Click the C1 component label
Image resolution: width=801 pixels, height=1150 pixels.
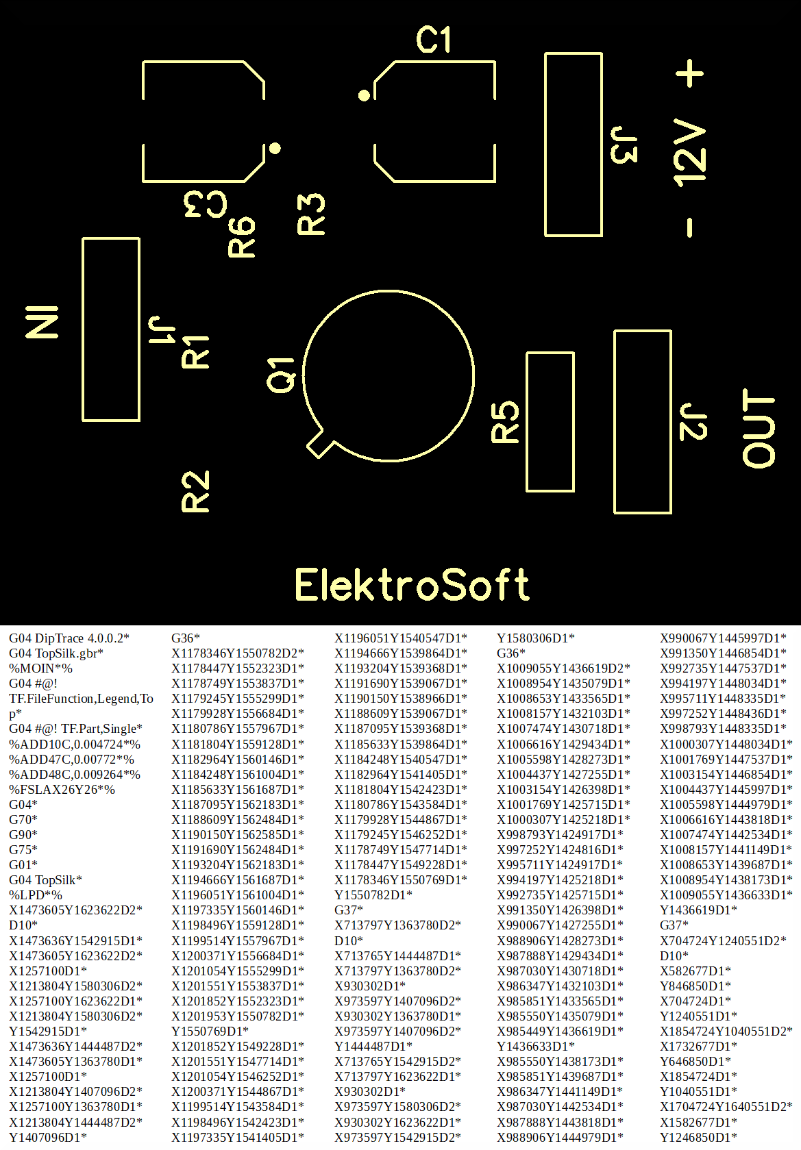tap(434, 40)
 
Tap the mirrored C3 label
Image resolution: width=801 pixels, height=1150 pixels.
tap(206, 204)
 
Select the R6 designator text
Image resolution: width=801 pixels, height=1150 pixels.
tap(242, 237)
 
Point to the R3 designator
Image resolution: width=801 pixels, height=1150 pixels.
tap(311, 214)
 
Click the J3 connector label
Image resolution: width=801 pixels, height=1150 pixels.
tap(624, 145)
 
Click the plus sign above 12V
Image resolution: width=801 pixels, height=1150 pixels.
tap(690, 73)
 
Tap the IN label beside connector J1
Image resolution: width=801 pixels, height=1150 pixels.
tap(42, 322)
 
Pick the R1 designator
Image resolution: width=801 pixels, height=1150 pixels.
tap(195, 351)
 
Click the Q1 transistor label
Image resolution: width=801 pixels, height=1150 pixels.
tap(280, 375)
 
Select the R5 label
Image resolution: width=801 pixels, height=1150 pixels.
tap(506, 422)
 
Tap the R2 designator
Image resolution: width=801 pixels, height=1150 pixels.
tap(195, 492)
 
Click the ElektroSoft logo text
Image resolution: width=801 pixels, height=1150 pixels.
tap(412, 585)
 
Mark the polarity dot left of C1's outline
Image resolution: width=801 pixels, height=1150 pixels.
tap(365, 95)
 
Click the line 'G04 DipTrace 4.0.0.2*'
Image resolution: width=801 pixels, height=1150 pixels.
tap(69, 638)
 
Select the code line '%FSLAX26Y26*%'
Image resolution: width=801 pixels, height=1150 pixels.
tap(62, 789)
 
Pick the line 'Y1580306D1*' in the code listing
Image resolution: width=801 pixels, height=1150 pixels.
tap(535, 638)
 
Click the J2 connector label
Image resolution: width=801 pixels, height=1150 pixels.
tap(693, 422)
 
